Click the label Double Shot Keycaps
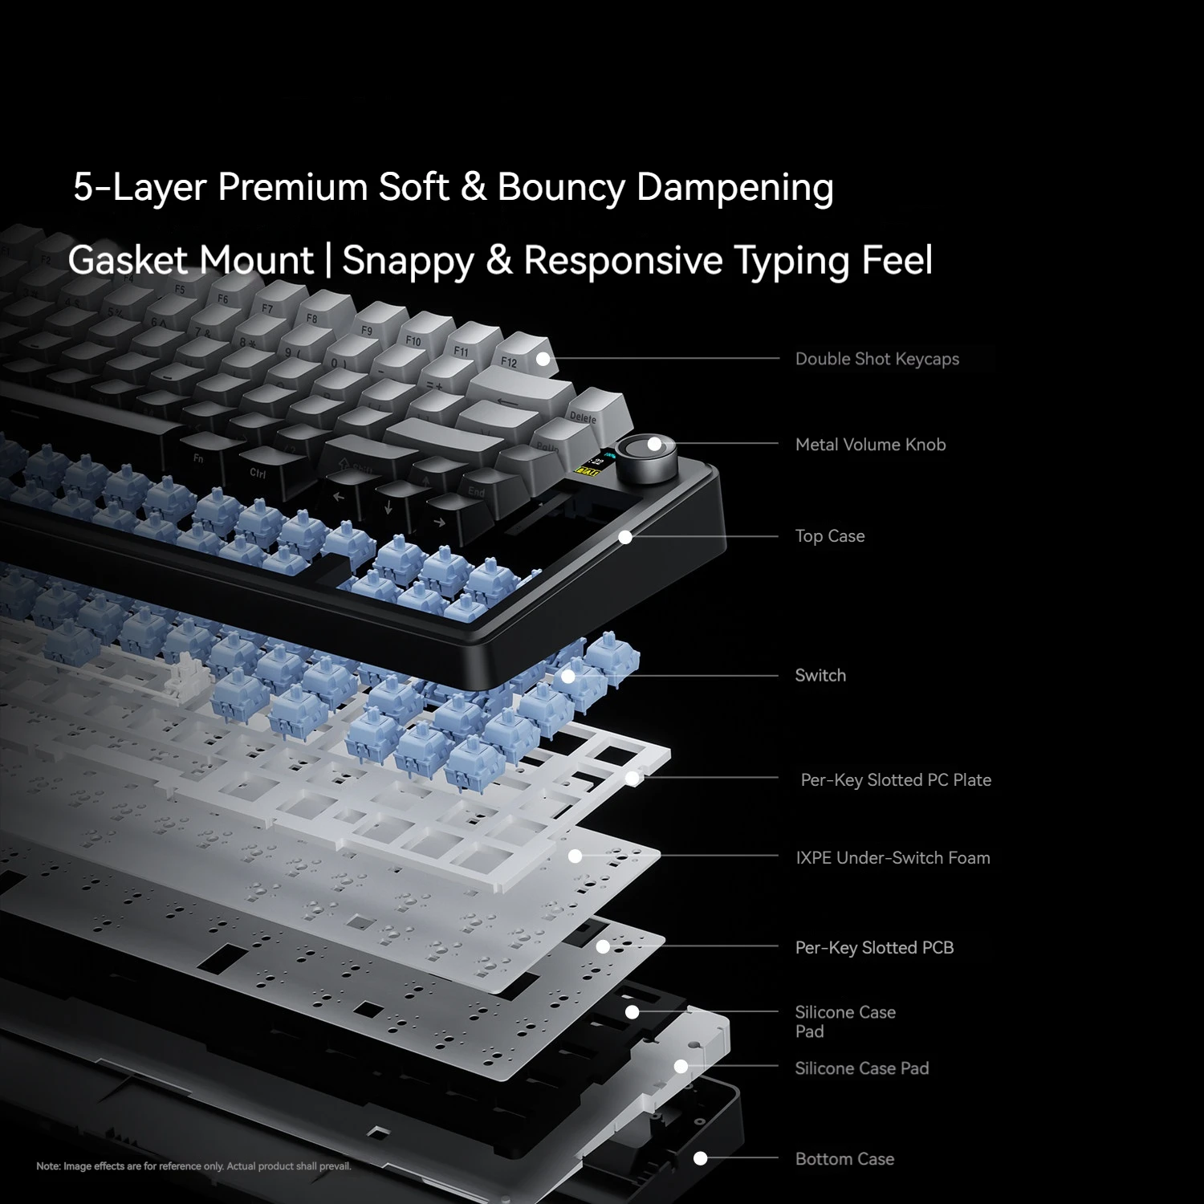877,359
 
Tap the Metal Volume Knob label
870,445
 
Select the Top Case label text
830,536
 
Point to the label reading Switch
820,675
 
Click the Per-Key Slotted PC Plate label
896,780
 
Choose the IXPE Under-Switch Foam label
893,858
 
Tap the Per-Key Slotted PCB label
874,948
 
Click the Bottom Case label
844,1159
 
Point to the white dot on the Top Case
625,537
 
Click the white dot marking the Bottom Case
700,1158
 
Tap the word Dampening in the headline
735,187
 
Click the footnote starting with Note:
194,1166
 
